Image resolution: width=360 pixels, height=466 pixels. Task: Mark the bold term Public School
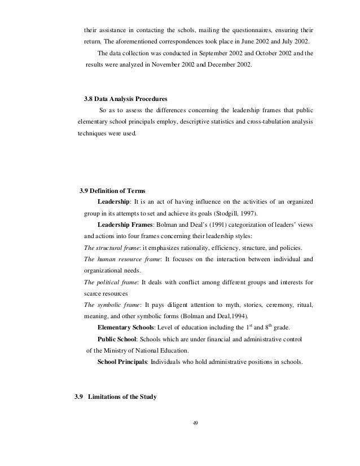click(118, 339)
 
